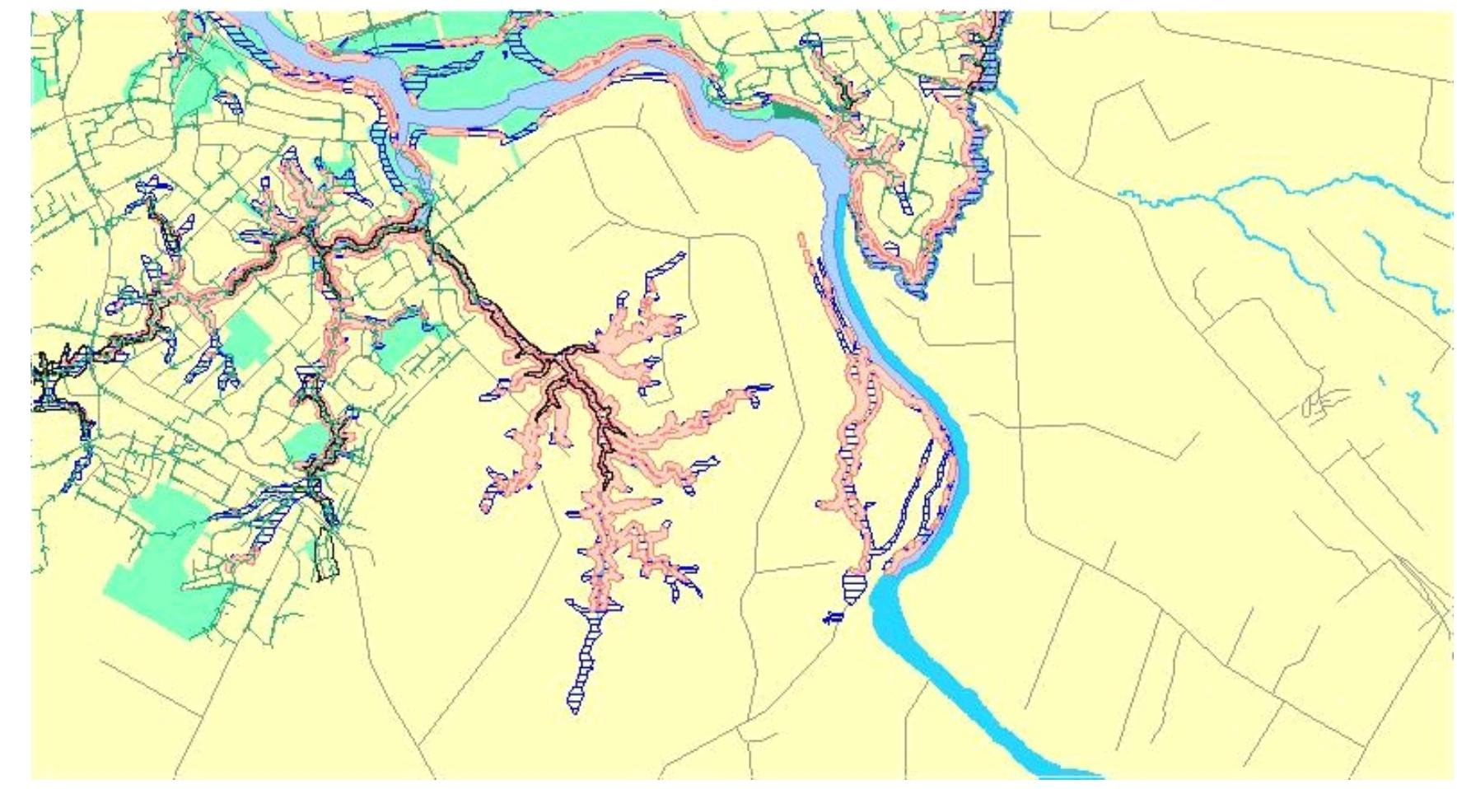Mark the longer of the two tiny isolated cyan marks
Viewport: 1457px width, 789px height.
(1426, 412)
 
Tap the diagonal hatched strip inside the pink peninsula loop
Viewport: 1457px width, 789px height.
(904, 198)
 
